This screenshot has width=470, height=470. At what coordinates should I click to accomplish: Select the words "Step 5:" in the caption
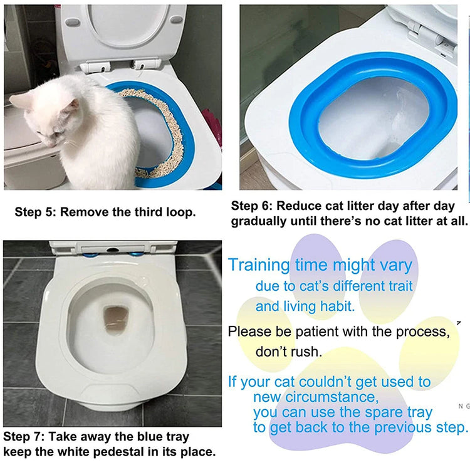click(35, 212)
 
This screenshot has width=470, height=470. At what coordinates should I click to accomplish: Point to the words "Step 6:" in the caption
click(252, 206)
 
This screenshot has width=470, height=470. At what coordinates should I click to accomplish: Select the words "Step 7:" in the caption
click(24, 436)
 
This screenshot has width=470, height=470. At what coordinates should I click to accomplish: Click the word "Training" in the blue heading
click(259, 266)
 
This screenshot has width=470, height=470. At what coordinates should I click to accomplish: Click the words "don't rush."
click(289, 352)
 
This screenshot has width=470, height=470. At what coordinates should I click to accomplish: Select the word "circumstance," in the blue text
click(332, 397)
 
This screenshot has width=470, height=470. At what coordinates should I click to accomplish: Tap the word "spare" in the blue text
click(384, 414)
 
